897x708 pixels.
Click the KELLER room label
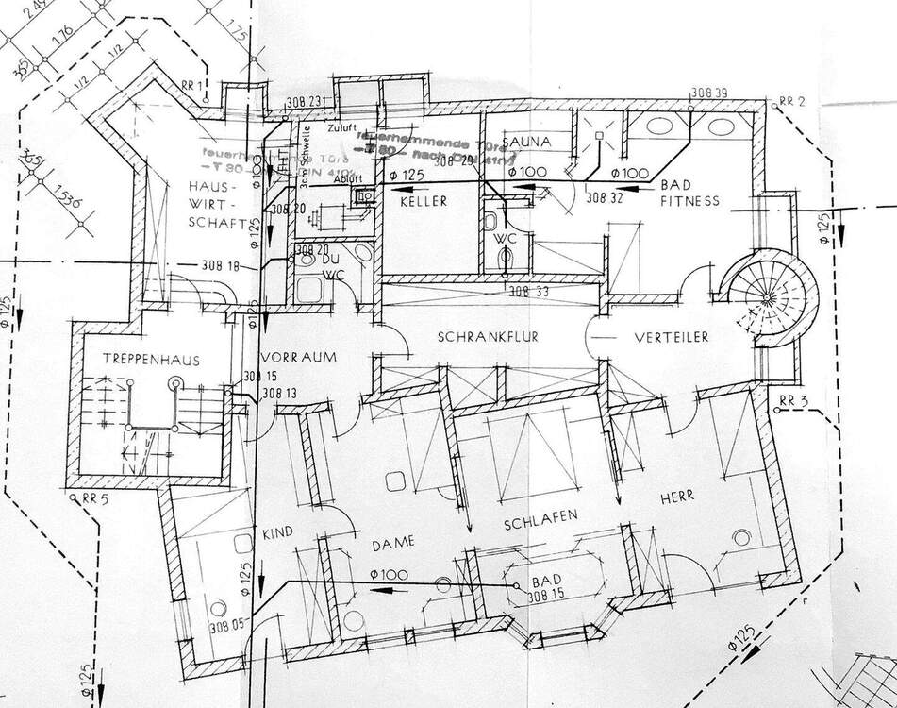click(423, 202)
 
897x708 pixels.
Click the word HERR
click(677, 496)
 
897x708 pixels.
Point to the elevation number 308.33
click(528, 292)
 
